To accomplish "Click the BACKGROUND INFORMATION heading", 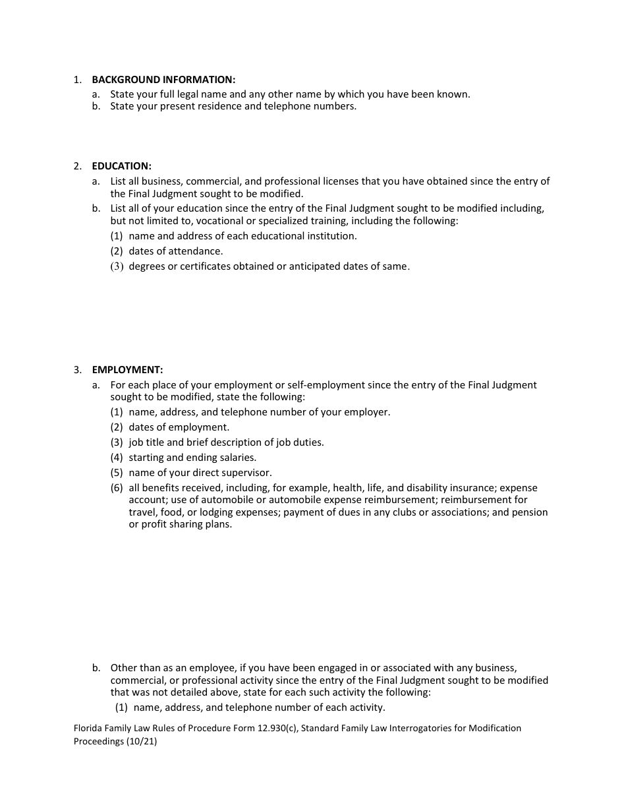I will tap(163, 80).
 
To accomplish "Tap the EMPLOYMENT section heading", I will tap(127, 370).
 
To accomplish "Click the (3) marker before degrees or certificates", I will tap(117, 267).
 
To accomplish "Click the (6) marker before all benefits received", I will tap(117, 488).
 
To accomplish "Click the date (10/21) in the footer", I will tap(142, 741).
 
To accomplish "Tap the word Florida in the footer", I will tap(88, 729).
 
